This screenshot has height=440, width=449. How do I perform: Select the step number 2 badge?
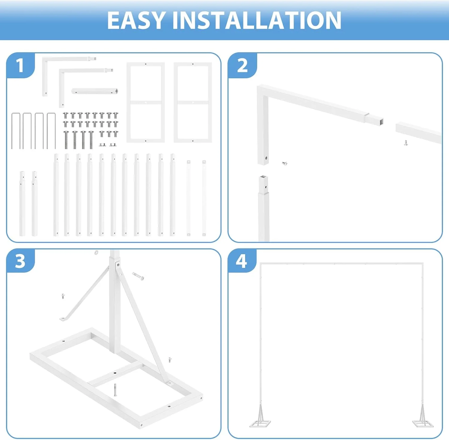pos(242,65)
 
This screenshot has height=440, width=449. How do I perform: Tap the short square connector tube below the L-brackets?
pos(95,91)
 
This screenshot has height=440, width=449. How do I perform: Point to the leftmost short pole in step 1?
pos(22,203)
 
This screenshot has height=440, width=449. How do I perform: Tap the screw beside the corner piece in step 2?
pos(285,163)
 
